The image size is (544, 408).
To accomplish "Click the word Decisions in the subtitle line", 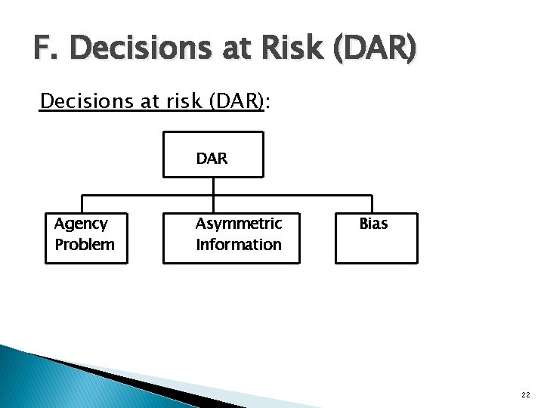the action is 85,100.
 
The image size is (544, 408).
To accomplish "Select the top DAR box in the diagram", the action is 214,154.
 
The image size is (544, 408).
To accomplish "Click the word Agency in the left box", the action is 81,224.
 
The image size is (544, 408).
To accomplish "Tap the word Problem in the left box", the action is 85,245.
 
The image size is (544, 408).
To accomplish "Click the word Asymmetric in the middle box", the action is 238,224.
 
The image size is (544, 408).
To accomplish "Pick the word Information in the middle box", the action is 238,245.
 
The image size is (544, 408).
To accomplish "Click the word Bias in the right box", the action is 373,224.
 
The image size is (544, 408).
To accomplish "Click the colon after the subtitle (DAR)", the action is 269,102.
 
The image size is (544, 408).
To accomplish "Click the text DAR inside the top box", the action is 212,159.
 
